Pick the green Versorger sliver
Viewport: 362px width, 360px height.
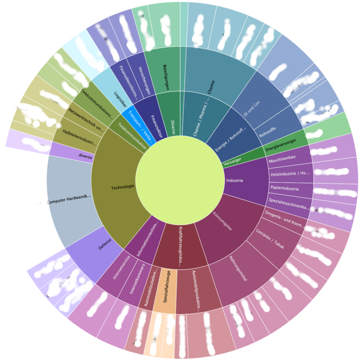click(234, 162)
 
